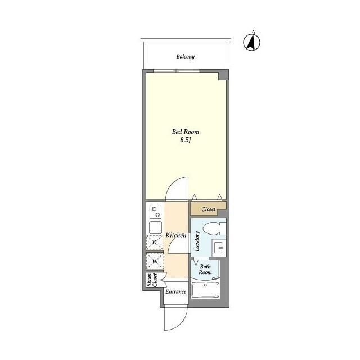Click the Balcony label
click(186, 56)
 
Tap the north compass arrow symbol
click(252, 42)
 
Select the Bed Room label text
click(186, 132)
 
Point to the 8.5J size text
click(186, 140)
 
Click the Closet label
click(209, 209)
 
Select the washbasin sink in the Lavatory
click(219, 247)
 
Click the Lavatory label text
click(197, 241)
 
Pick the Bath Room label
click(205, 269)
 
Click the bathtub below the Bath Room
click(205, 290)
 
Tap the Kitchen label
click(176, 235)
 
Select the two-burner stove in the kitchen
click(155, 212)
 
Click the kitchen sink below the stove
click(155, 227)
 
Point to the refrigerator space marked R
click(155, 242)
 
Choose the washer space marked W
click(155, 261)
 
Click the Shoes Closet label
click(152, 280)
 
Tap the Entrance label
click(176, 291)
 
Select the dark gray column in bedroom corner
click(223, 75)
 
